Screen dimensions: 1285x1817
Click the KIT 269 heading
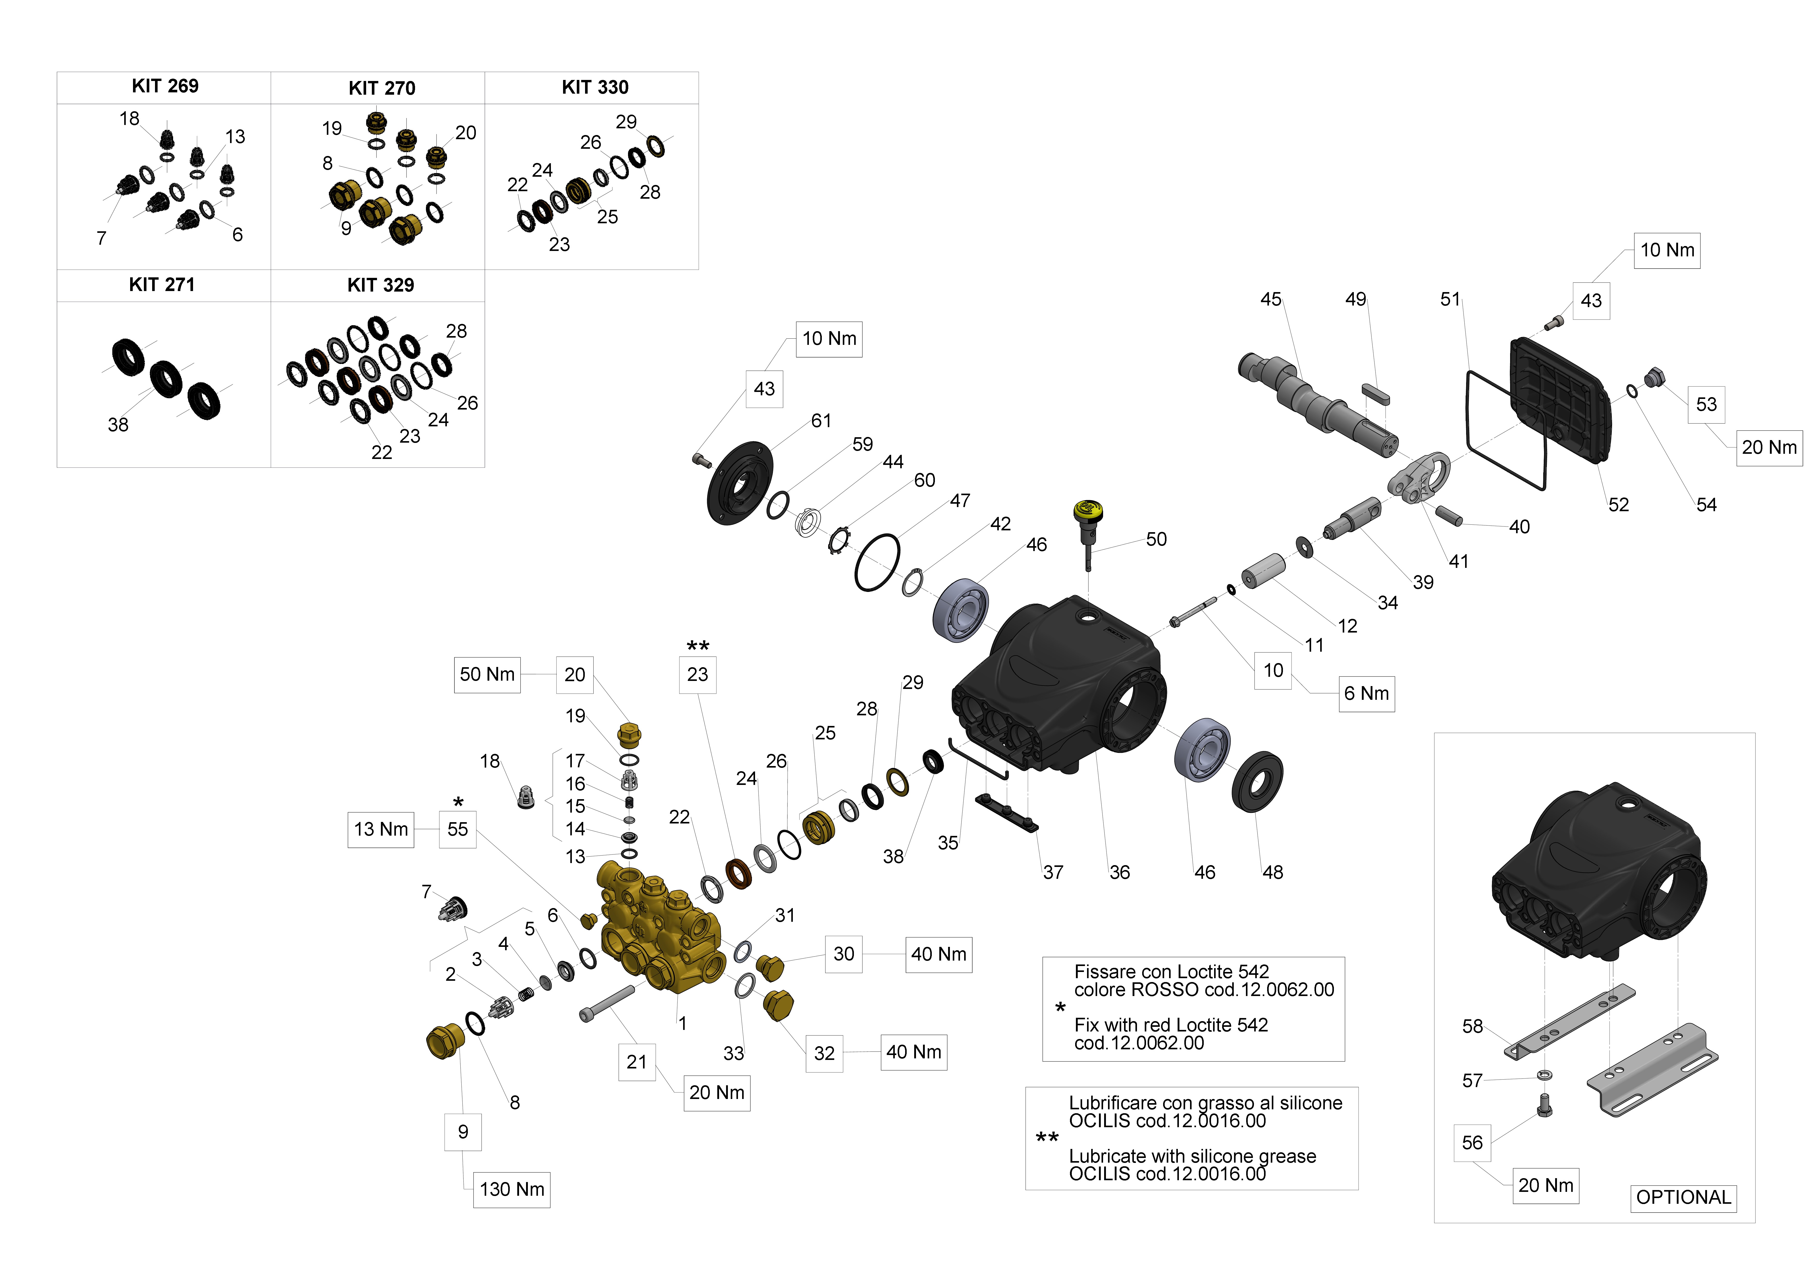coord(165,86)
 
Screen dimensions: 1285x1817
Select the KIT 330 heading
coord(594,87)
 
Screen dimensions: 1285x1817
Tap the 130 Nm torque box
coord(511,1189)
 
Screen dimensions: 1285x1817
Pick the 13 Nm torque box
coord(381,829)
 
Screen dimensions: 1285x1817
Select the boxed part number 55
coord(457,829)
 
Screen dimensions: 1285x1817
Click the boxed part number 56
coord(1472,1142)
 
